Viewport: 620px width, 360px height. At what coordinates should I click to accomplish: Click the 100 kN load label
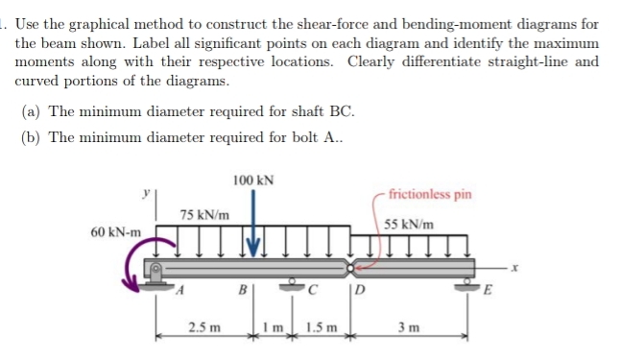click(x=253, y=179)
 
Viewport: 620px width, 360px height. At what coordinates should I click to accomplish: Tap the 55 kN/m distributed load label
click(x=407, y=225)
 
